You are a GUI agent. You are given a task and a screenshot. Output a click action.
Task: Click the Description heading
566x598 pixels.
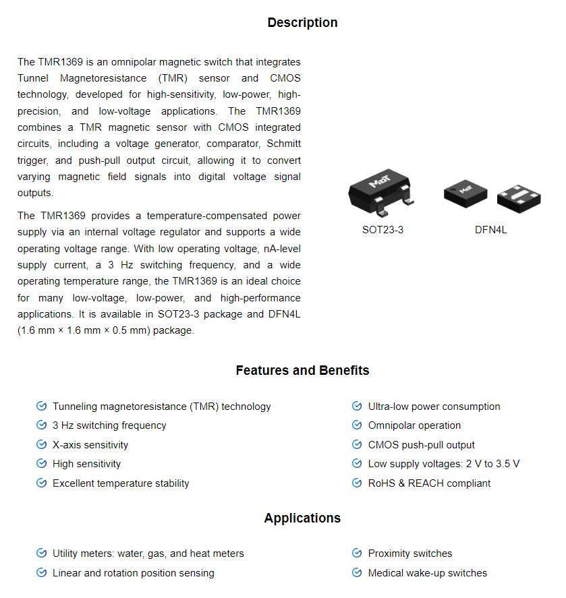[302, 22]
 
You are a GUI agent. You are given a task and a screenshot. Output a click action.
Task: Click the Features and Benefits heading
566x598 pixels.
[302, 370]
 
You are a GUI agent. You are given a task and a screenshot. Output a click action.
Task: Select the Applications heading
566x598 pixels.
[302, 518]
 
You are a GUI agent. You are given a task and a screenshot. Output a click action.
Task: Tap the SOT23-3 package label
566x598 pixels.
[383, 230]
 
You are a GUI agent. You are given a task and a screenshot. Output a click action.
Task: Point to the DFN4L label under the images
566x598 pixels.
[490, 230]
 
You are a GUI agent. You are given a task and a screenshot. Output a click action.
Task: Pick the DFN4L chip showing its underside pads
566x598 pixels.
[518, 196]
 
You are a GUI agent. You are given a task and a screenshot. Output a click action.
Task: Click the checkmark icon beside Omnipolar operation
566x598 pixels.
[357, 425]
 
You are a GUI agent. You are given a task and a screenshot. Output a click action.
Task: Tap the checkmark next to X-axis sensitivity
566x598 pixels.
[41, 445]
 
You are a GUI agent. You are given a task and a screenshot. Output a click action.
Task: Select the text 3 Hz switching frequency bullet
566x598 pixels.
[109, 425]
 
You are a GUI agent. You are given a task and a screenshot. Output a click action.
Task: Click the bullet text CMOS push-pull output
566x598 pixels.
[421, 445]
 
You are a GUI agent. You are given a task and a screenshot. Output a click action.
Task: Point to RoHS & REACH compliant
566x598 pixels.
[429, 483]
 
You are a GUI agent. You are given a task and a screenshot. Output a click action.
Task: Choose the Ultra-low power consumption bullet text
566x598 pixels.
[434, 407]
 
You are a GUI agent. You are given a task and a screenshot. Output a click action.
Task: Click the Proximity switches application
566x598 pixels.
[410, 554]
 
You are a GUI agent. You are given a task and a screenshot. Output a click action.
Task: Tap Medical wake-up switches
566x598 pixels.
[427, 573]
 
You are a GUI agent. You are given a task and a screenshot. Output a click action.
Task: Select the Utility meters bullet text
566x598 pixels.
[148, 554]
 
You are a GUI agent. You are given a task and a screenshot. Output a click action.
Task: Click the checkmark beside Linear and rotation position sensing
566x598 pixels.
[41, 573]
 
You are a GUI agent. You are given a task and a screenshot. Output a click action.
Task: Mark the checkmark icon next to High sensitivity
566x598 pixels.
[41, 464]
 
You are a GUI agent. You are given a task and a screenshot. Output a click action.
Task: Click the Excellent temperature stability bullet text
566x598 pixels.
[121, 483]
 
